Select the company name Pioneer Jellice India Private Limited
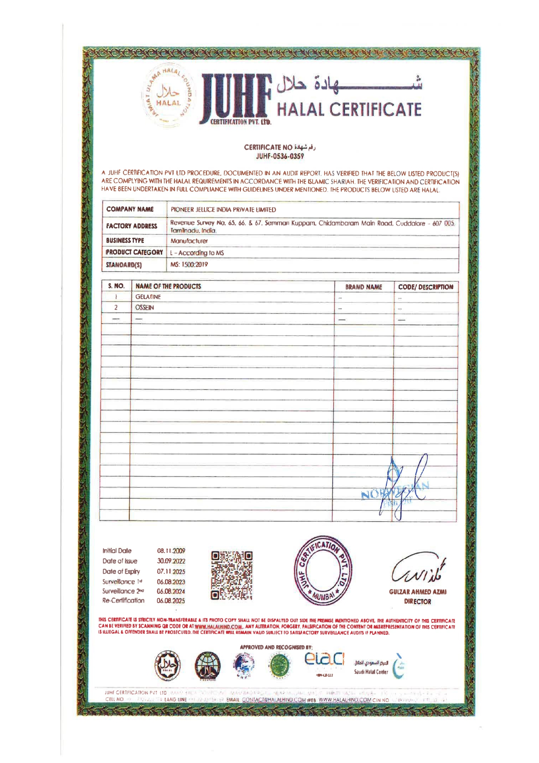[223, 210]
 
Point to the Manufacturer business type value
[189, 241]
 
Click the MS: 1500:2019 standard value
[189, 264]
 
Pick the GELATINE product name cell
[148, 297]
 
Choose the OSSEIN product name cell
[144, 307]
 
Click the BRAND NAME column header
[363, 287]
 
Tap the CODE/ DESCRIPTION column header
[426, 287]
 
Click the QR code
[232, 576]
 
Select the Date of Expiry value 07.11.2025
[171, 571]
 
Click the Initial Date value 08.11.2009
[171, 551]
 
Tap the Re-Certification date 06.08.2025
[171, 601]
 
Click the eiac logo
[324, 660]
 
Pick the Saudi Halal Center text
[371, 672]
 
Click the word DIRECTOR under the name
[417, 602]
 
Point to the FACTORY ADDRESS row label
[132, 226]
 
